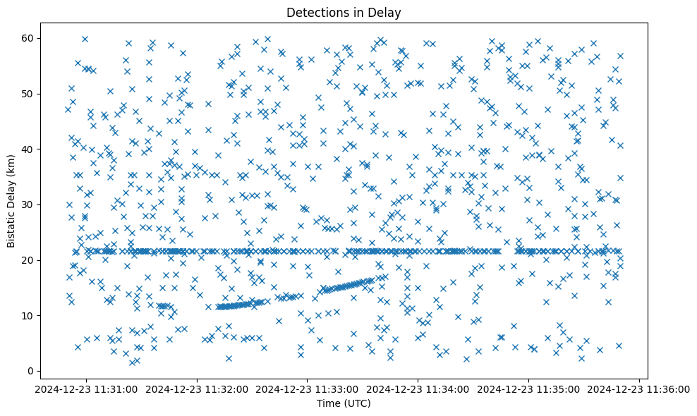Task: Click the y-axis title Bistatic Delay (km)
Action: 11,200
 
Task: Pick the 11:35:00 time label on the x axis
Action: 528,389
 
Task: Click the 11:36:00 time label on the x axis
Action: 639,389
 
